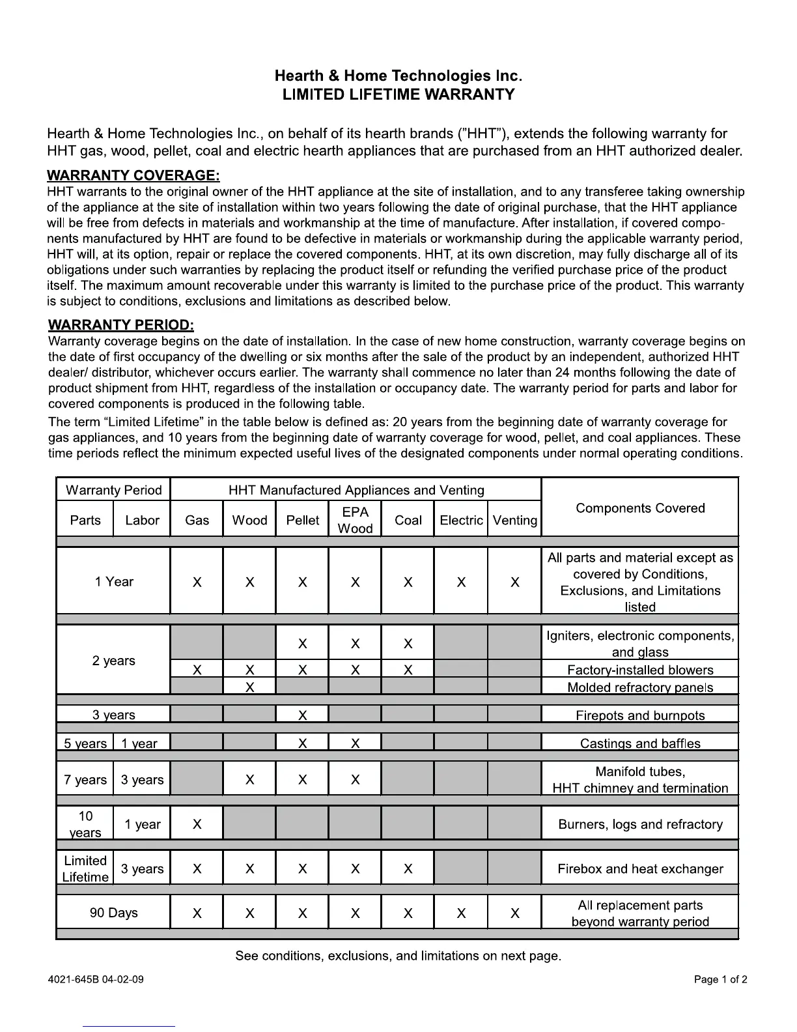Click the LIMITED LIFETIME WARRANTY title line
click(398, 94)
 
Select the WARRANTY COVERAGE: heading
click(133, 175)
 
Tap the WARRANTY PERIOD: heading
click(121, 324)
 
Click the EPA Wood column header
click(355, 520)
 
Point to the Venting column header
click(514, 520)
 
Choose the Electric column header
click(461, 520)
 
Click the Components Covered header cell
click(640, 508)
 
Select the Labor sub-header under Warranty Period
click(142, 520)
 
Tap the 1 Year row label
click(114, 581)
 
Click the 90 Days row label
click(114, 913)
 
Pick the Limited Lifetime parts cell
click(85, 868)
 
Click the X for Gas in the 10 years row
click(197, 824)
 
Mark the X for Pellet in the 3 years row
click(303, 715)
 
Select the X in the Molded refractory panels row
click(249, 687)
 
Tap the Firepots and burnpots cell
click(640, 715)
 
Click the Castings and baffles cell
click(640, 743)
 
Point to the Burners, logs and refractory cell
click(640, 824)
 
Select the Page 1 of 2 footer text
click(721, 979)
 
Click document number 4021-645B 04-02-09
click(96, 979)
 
